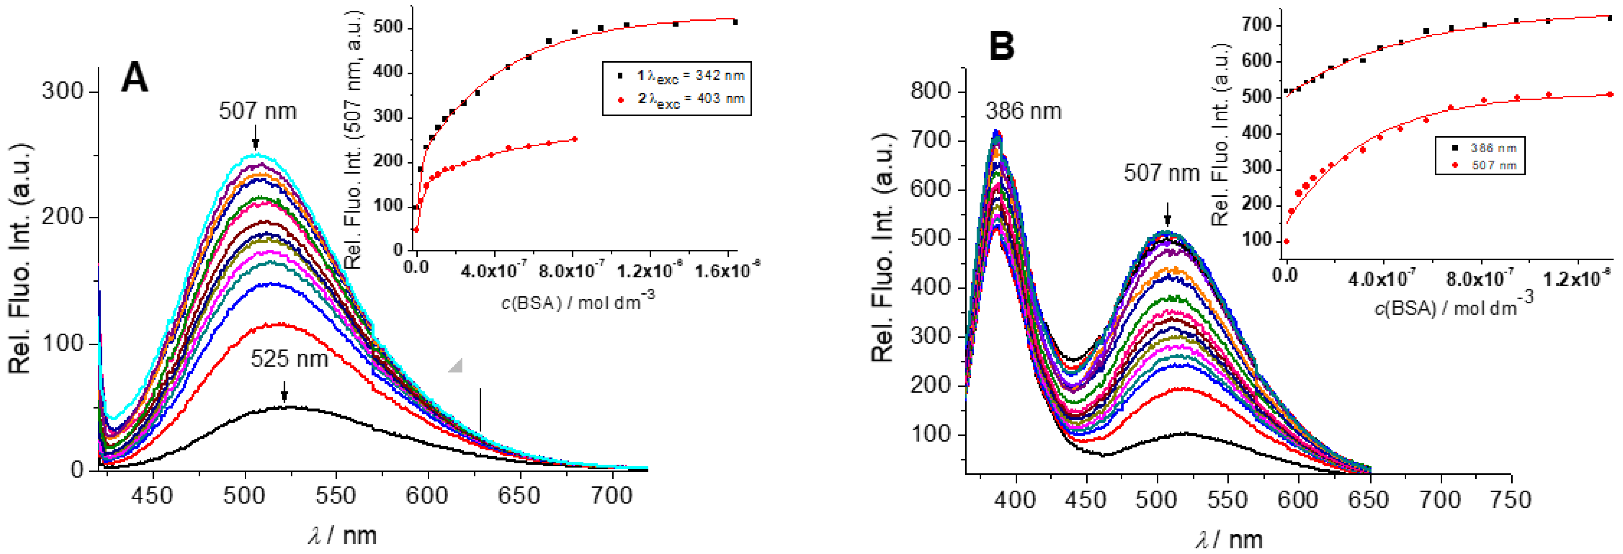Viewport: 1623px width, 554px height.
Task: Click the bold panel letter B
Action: (1002, 47)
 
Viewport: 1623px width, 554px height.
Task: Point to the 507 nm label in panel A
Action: (257, 112)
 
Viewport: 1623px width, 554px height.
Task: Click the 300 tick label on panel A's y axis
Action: (62, 92)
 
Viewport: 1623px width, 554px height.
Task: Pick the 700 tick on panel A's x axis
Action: (612, 496)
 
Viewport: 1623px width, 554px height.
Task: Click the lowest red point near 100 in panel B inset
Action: (1286, 241)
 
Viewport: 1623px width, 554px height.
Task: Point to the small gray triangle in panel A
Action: (456, 365)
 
